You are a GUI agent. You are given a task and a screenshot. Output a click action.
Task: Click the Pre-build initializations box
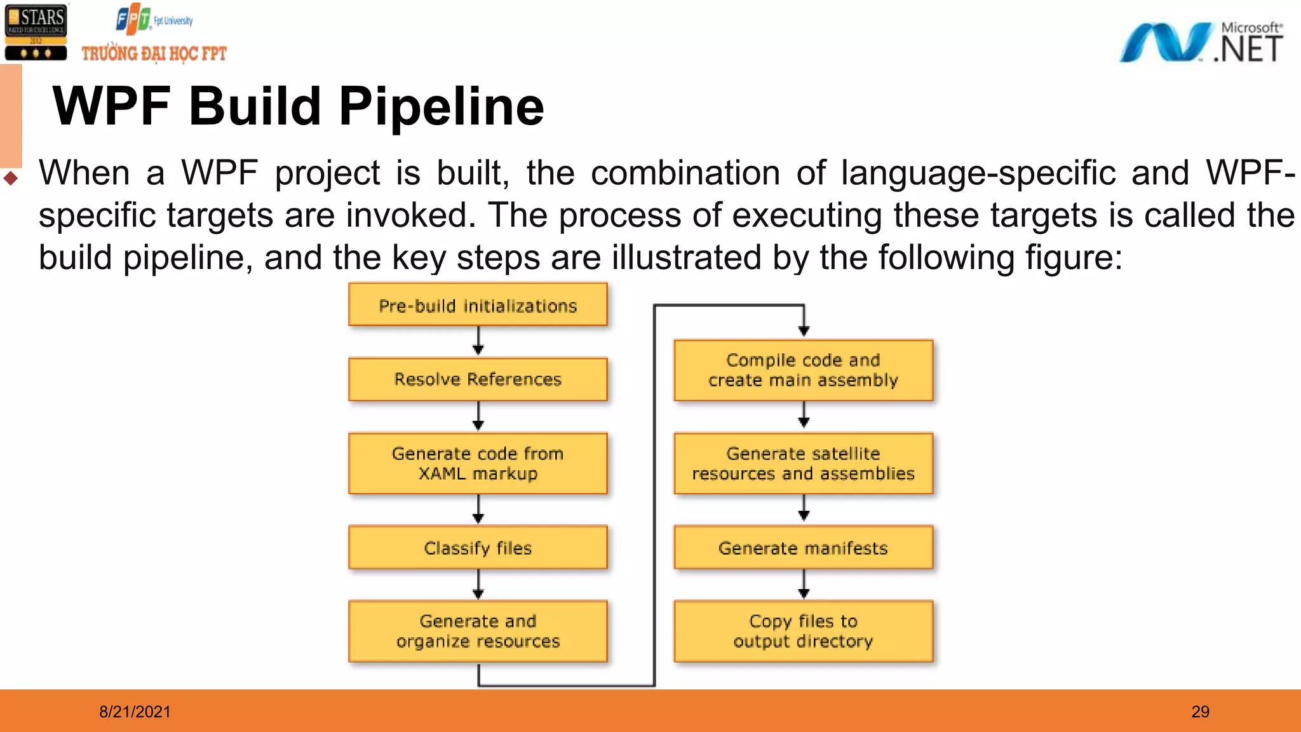pos(478,306)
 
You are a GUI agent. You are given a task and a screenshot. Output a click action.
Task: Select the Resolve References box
pos(478,379)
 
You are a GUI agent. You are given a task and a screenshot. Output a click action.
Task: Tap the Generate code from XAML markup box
pos(478,463)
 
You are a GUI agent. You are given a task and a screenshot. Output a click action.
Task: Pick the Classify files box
pos(478,548)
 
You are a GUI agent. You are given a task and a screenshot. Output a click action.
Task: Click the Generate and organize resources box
pos(478,631)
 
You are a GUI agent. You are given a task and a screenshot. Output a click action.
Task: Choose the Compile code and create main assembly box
pos(803,370)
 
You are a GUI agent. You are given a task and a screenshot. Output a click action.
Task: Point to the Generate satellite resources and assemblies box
pos(803,463)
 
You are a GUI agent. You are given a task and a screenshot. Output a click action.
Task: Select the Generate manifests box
pos(803,548)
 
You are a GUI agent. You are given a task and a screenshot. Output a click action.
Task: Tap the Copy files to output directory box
pos(803,631)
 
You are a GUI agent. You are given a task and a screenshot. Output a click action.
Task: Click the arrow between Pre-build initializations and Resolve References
pos(478,341)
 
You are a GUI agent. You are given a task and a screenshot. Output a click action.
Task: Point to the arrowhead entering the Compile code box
pos(804,330)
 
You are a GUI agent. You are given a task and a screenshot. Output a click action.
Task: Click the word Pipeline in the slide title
pos(441,107)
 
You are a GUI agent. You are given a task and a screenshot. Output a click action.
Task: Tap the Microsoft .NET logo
pos(1201,42)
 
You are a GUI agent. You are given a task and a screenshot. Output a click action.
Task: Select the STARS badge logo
pos(36,32)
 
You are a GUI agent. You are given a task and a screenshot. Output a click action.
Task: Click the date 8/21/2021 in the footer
pos(135,712)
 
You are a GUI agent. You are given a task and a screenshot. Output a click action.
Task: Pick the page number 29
pos(1200,712)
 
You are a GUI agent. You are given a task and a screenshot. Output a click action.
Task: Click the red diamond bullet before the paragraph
pos(11,178)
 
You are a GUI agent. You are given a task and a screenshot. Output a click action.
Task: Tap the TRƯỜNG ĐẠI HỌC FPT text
pos(154,53)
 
